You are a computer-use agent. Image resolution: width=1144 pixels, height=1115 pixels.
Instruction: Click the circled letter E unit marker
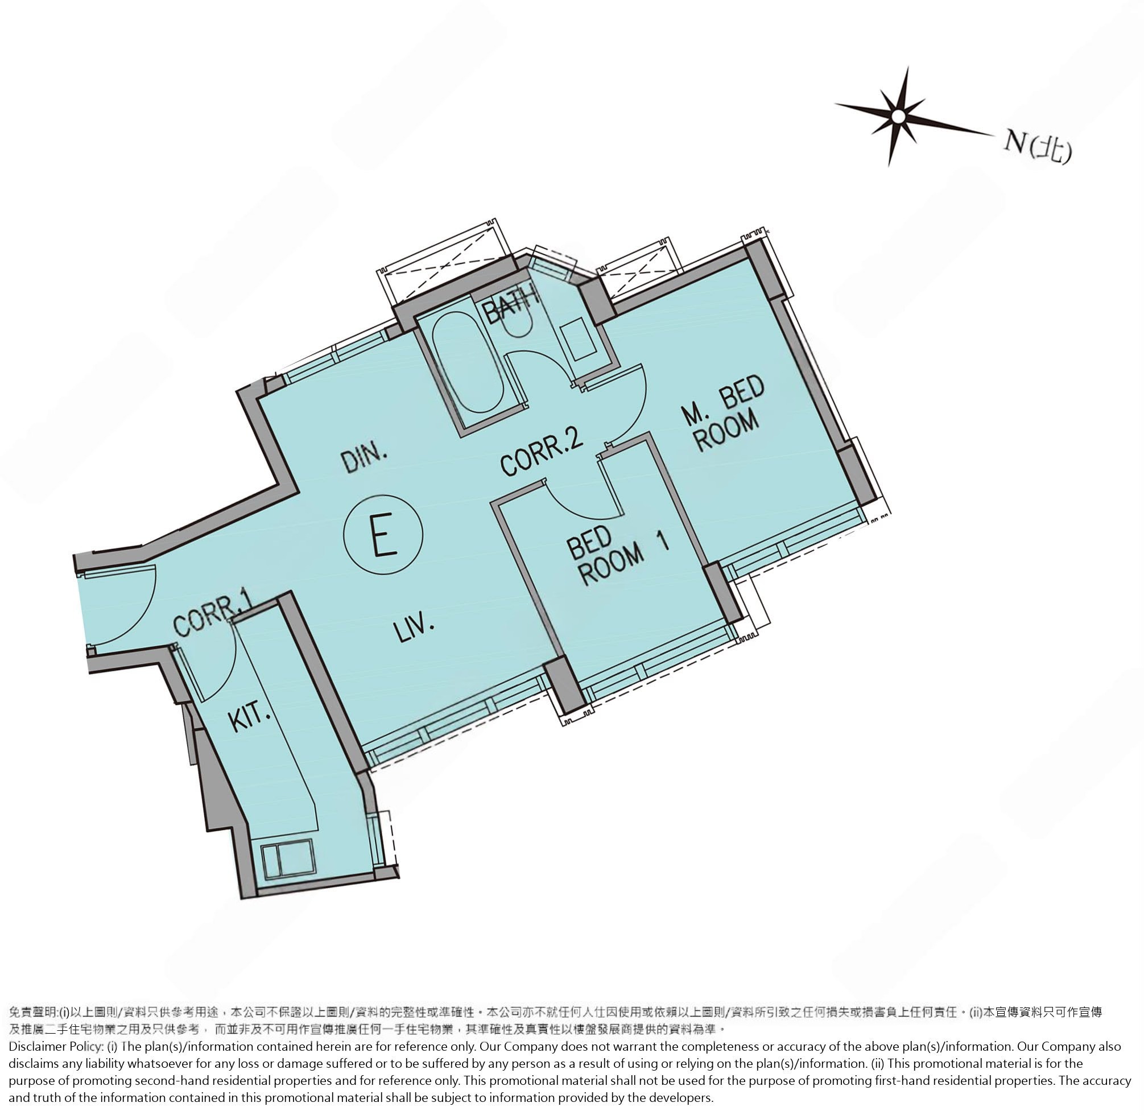click(383, 534)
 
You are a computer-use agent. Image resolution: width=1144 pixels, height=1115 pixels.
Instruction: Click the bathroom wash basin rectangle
click(579, 339)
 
